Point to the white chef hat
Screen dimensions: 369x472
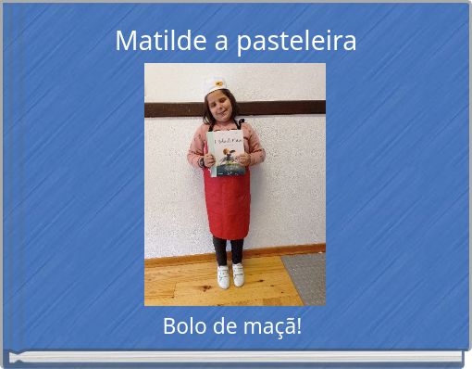tap(216, 85)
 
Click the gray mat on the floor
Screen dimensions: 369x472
tap(304, 277)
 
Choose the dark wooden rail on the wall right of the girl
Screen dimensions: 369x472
tap(287, 108)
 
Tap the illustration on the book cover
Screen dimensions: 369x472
tap(228, 161)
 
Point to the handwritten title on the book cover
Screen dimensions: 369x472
tap(226, 141)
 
